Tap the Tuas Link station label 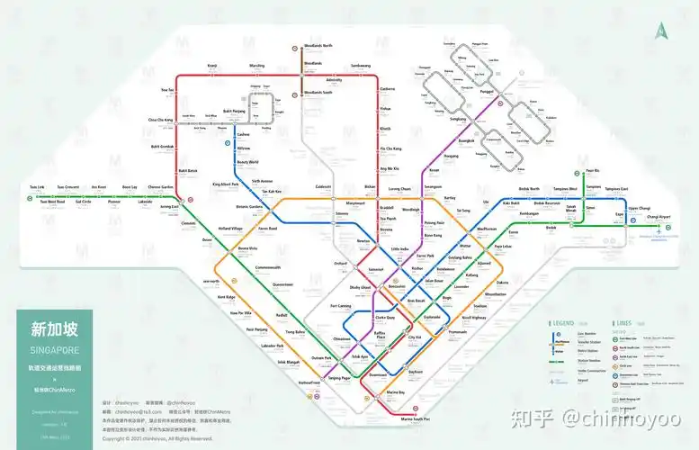[x=36, y=187]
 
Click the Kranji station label [x=212, y=66]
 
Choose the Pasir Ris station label [x=592, y=169]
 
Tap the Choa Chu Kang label [x=159, y=119]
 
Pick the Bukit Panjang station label [x=234, y=110]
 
